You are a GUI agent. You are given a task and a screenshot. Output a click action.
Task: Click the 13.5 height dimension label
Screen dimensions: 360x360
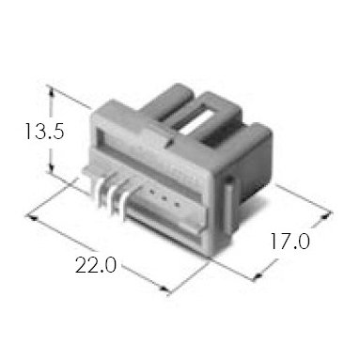tap(44, 131)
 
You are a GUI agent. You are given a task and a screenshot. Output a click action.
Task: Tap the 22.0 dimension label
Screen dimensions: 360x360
tap(96, 265)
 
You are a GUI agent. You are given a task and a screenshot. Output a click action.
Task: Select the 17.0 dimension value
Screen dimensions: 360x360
tap(290, 241)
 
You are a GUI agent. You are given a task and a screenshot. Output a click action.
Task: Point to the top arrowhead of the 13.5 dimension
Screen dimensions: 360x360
tap(52, 90)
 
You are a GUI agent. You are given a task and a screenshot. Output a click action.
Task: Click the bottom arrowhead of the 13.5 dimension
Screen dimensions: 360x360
tap(51, 168)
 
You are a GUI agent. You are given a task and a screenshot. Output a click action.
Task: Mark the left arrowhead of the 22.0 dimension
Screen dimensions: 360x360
tap(33, 217)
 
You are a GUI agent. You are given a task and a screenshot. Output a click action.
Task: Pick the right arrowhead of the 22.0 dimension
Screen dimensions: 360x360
tap(164, 289)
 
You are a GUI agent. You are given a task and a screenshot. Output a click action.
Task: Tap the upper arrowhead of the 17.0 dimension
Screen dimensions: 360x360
tap(326, 216)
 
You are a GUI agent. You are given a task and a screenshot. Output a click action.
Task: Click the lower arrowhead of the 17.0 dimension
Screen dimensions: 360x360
tap(258, 275)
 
